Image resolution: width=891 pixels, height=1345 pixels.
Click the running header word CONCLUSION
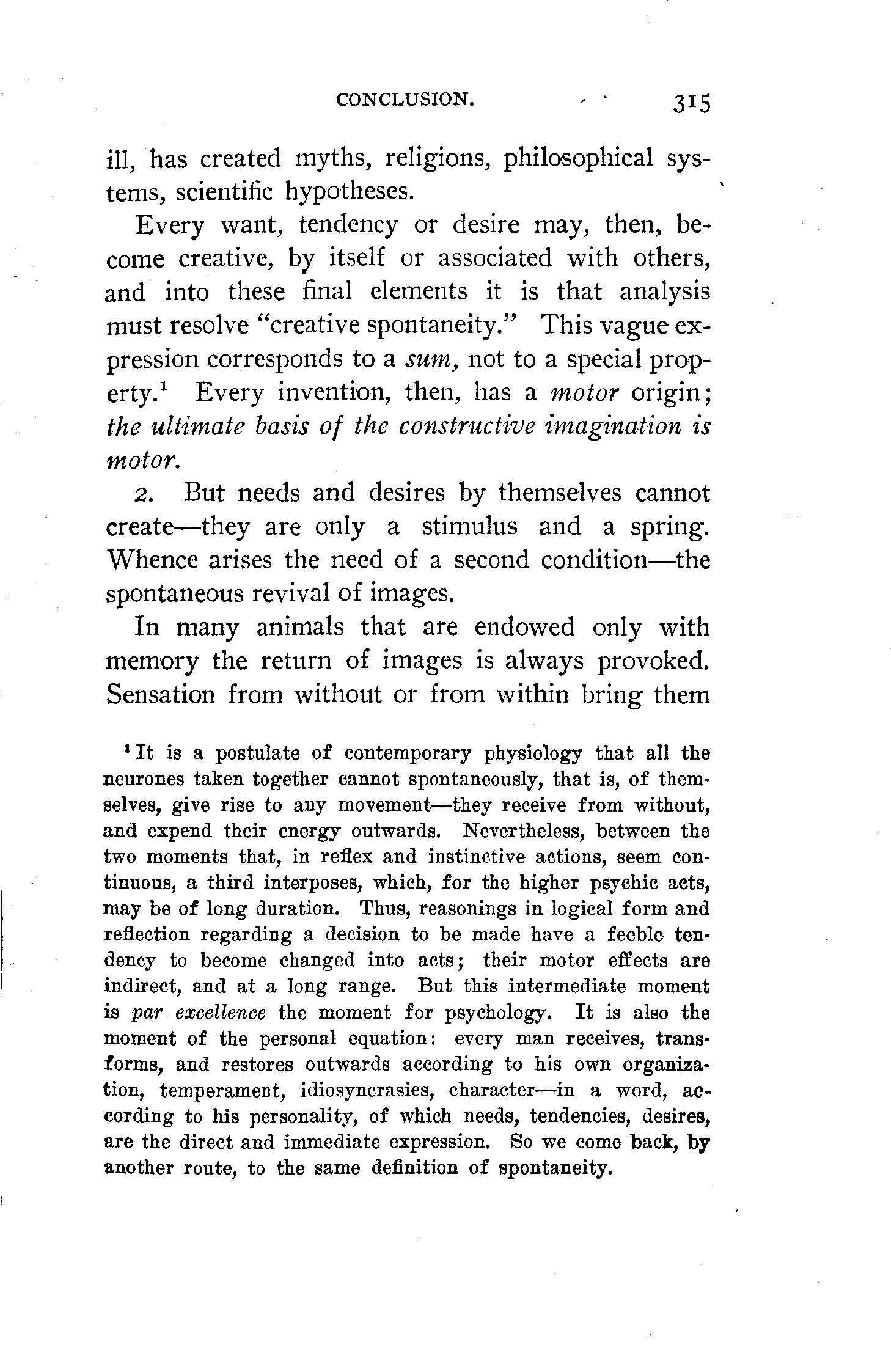405,99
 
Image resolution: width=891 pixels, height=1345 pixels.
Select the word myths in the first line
331,159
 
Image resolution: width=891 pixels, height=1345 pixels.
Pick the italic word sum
432,358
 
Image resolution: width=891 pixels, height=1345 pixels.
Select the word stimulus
469,526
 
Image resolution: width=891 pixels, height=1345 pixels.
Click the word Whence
152,560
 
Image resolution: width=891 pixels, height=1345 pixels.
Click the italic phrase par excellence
199,1013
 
